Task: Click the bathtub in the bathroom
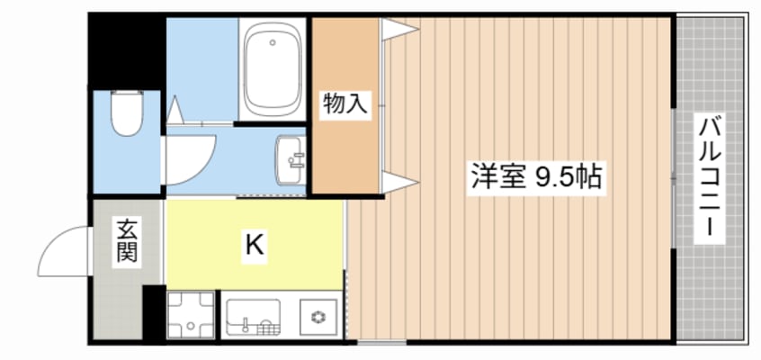272,69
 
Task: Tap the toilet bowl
127,112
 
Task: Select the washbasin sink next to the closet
291,160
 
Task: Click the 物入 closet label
345,105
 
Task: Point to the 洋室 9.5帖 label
537,176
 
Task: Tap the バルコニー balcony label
709,178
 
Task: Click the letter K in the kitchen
255,246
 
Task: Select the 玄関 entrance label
127,240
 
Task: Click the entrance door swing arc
53,238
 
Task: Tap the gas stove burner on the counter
318,317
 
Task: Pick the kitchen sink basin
253,317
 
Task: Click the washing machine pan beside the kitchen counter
191,314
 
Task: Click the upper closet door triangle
399,29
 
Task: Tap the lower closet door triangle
399,182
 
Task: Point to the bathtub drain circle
273,42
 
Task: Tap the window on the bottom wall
382,343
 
